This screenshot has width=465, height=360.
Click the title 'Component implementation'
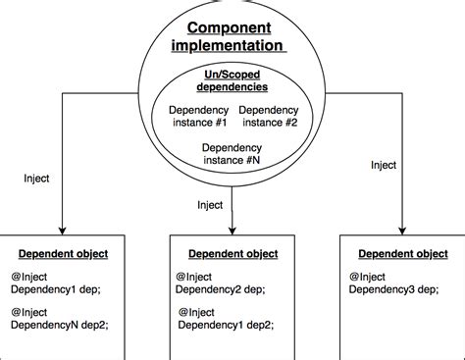tap(232, 37)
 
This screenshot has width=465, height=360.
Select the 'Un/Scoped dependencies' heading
tap(232, 81)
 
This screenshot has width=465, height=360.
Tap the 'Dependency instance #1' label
tap(199, 117)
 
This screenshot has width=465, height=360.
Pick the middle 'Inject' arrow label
tap(210, 205)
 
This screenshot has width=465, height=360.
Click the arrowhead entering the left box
tap(61, 230)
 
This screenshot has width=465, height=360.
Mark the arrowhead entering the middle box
tap(232, 230)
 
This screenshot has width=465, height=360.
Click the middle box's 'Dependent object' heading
tap(232, 253)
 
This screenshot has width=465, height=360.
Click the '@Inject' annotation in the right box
tap(367, 276)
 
